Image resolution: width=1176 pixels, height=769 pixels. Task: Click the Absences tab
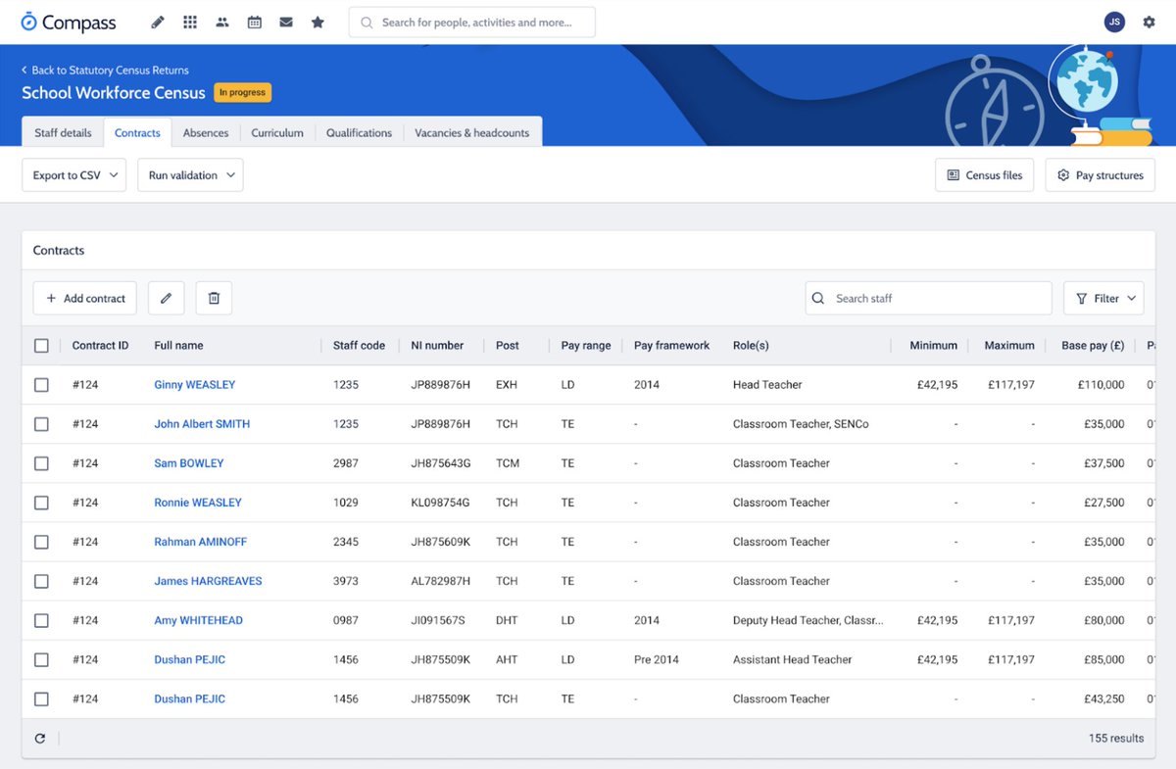(x=206, y=133)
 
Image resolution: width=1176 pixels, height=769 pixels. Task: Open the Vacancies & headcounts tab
(x=471, y=133)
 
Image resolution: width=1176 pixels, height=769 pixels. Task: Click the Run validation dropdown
(x=190, y=175)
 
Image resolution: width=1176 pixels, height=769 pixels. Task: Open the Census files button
(x=984, y=175)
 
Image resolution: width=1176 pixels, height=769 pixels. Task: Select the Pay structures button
(x=1100, y=175)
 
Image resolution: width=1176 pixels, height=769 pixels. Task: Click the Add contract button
(x=85, y=299)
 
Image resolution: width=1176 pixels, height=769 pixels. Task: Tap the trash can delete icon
(x=214, y=299)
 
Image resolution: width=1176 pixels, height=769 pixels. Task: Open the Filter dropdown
(x=1103, y=299)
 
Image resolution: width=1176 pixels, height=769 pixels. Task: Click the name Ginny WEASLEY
(x=195, y=385)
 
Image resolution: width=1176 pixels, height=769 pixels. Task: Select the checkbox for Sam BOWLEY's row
(x=41, y=463)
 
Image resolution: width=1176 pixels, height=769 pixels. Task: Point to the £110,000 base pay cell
(x=1102, y=385)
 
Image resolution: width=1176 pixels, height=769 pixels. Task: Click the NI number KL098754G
(x=440, y=503)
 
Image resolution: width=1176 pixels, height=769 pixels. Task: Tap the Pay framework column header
(x=671, y=346)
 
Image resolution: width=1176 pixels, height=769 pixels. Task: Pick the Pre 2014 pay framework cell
(x=656, y=659)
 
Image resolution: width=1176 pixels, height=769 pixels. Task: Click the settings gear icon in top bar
(x=1149, y=22)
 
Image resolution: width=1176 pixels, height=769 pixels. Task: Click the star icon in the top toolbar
(x=318, y=22)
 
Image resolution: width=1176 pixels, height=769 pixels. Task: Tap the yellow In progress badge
(x=242, y=93)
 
